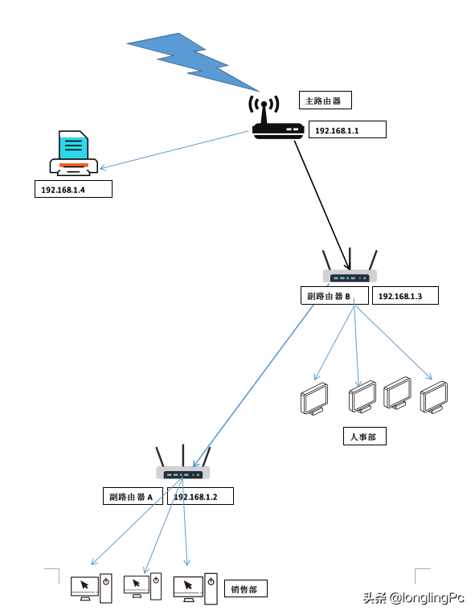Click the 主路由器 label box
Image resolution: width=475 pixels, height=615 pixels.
326,100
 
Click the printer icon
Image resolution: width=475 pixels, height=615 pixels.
74,154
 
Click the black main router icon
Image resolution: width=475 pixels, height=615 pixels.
277,117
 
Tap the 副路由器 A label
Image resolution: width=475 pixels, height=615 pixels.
133,496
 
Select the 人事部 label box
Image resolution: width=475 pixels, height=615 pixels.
364,437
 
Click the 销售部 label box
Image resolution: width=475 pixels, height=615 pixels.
246,588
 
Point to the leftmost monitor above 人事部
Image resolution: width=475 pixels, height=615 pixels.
314,399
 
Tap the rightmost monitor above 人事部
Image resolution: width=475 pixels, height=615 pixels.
434,397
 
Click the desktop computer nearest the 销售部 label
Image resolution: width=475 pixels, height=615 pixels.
195,588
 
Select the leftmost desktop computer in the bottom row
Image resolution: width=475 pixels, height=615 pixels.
92,588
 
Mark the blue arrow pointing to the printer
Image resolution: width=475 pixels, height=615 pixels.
174,150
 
